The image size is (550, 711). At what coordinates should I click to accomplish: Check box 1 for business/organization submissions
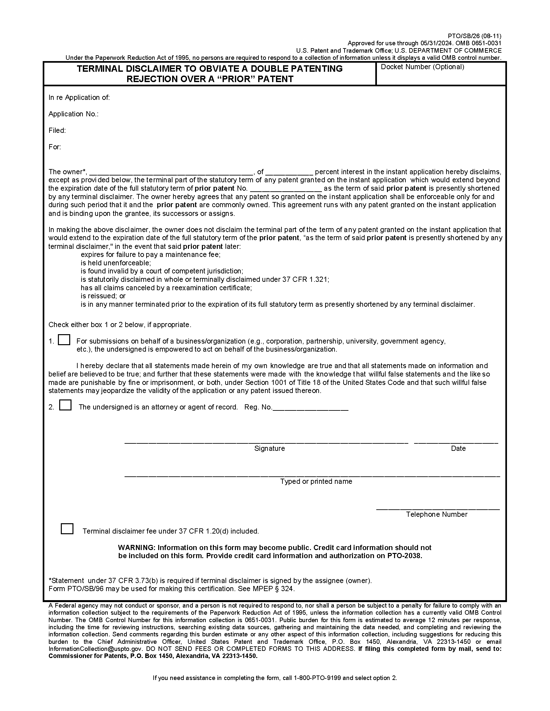[64, 340]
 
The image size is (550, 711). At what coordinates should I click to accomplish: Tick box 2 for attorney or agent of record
[65, 405]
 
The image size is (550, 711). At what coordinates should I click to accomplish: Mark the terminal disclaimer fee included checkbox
[67, 529]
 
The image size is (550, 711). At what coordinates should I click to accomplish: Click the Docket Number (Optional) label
[422, 67]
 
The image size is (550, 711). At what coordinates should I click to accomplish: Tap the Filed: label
[57, 131]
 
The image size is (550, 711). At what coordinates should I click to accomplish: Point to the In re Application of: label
[79, 98]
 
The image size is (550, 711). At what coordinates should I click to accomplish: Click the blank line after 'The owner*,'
[171, 172]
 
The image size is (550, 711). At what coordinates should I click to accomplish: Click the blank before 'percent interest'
[289, 172]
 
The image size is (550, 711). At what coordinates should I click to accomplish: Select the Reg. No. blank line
[310, 408]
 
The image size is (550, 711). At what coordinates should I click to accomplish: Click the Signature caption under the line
[269, 449]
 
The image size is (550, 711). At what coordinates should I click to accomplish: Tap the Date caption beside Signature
[458, 449]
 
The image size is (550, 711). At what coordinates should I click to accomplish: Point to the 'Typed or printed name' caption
[316, 482]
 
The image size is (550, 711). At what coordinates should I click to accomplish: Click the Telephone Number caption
[437, 515]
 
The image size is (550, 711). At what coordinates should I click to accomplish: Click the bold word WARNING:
[137, 547]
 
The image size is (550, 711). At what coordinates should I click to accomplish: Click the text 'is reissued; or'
[103, 296]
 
